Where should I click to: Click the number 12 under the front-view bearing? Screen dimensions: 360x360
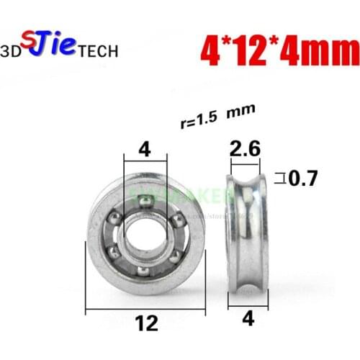[x=147, y=324]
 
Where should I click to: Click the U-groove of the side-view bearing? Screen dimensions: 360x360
[x=247, y=230]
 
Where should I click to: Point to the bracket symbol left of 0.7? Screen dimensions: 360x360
[x=282, y=176]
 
